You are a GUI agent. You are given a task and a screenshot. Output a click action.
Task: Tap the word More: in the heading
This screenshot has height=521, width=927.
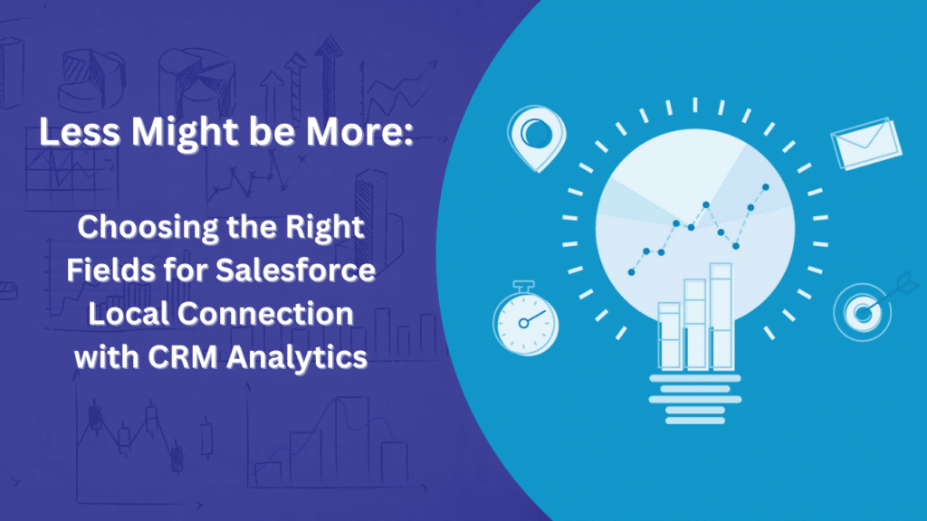pos(361,133)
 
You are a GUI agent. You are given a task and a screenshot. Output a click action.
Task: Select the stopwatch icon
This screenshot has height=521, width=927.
pos(525,318)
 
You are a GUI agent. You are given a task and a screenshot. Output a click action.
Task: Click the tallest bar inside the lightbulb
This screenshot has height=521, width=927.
pos(721,317)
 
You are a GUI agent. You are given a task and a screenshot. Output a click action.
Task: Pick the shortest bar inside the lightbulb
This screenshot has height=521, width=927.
pos(669,336)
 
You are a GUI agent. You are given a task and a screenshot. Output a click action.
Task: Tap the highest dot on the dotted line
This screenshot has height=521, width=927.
pos(767,187)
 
